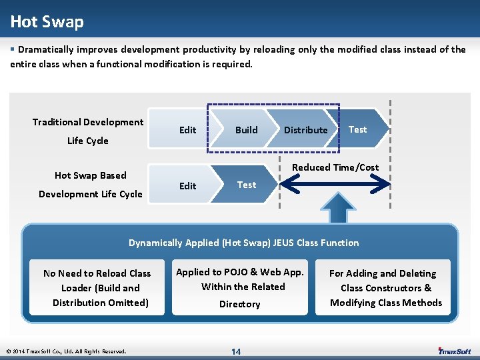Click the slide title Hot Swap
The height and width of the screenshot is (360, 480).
coord(47,22)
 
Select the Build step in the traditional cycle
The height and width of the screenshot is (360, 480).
coord(246,130)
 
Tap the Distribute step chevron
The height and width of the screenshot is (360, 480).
coord(305,130)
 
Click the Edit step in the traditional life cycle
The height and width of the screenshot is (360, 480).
coord(187,130)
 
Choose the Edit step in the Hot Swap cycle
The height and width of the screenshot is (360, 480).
coord(187,186)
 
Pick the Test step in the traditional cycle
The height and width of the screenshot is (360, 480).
coord(358,129)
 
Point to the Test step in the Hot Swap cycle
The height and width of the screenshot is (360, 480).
coord(247,185)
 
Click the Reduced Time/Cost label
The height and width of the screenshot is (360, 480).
coord(336,167)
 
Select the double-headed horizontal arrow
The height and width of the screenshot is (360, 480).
coord(333,185)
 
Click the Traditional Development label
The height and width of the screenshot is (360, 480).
coord(88,122)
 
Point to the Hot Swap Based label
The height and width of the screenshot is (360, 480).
coord(90,175)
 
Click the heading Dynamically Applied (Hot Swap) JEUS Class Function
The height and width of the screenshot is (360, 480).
coord(243,243)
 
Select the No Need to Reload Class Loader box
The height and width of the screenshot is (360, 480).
coord(97,288)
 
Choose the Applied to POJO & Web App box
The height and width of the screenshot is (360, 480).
coord(240,287)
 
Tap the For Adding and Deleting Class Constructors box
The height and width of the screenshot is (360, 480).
coord(386,288)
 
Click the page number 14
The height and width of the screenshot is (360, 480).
coord(236,351)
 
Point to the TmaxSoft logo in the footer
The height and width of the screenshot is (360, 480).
coord(455,351)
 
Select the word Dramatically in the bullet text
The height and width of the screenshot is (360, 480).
coord(45,49)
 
